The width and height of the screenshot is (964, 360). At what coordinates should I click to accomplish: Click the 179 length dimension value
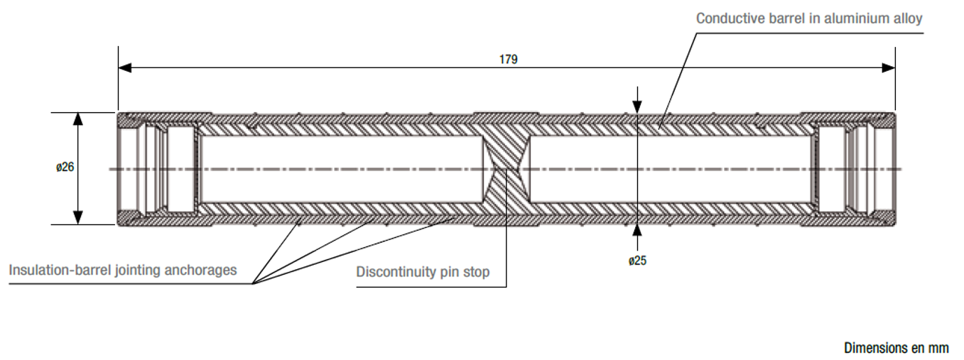(x=508, y=60)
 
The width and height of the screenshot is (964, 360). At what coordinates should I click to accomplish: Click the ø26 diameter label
(x=65, y=168)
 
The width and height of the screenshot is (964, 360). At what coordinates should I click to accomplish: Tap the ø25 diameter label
(x=637, y=261)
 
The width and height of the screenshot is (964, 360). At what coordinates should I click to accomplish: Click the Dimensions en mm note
(x=896, y=348)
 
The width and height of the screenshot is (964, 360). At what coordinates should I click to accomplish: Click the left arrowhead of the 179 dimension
(x=124, y=68)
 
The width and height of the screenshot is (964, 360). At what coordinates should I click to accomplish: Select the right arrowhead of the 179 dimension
(x=889, y=68)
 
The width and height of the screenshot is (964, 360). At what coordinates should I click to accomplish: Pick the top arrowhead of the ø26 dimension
(x=78, y=119)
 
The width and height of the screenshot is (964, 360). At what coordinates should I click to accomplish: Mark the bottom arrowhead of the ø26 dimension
(x=78, y=218)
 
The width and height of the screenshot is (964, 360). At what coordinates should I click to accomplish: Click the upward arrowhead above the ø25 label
(x=638, y=229)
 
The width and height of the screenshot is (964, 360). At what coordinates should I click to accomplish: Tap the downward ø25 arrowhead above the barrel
(x=638, y=107)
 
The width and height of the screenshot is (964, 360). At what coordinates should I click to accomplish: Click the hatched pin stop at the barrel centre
(x=507, y=168)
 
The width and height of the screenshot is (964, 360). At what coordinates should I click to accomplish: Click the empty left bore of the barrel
(x=341, y=168)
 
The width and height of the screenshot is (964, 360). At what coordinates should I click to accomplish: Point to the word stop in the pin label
(x=477, y=272)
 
